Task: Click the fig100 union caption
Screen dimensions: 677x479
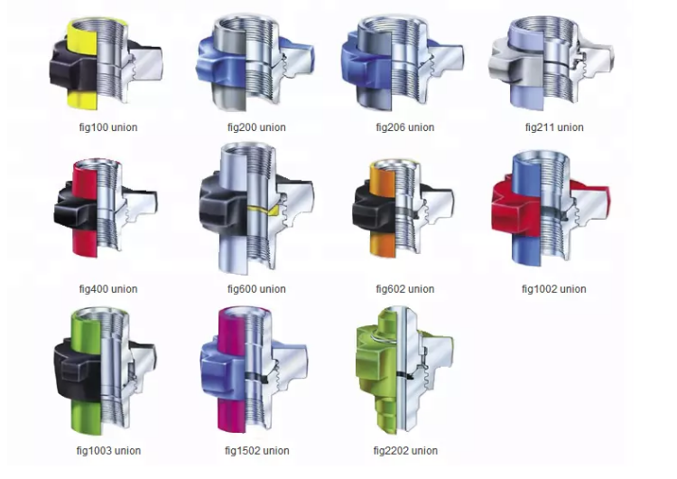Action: pyautogui.click(x=108, y=127)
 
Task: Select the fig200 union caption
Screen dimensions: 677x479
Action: pyautogui.click(x=256, y=127)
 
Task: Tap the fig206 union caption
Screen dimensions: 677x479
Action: pyautogui.click(x=405, y=127)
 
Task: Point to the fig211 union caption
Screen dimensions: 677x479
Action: pyautogui.click(x=554, y=127)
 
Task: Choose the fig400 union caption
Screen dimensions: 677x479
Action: pyautogui.click(x=108, y=289)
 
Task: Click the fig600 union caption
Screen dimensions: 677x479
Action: pyautogui.click(x=256, y=289)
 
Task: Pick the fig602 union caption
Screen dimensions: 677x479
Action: pyautogui.click(x=405, y=289)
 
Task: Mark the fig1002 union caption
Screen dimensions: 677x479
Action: pyautogui.click(x=554, y=289)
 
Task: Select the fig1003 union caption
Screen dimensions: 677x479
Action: pyautogui.click(x=108, y=450)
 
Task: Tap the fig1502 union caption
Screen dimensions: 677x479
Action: pyautogui.click(x=257, y=450)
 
